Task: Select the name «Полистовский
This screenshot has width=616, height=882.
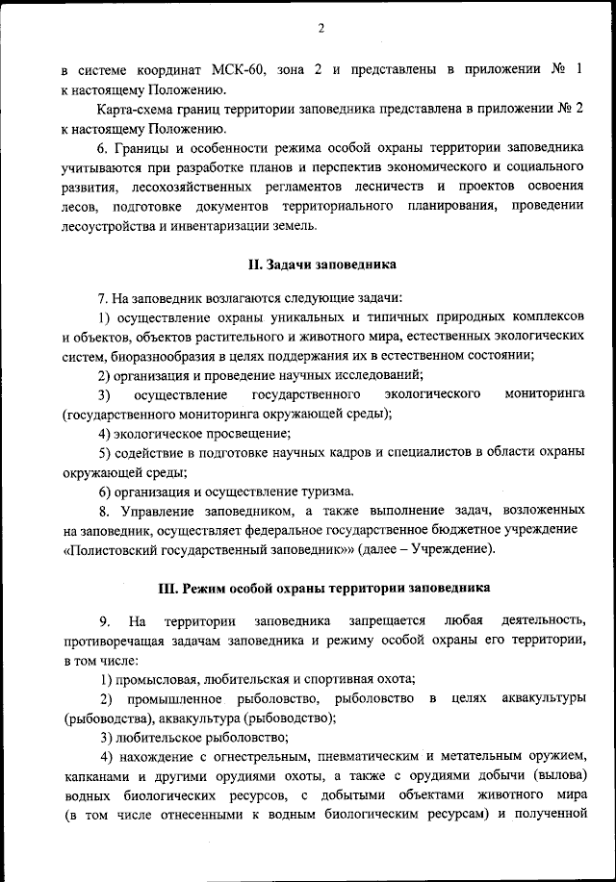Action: (x=114, y=549)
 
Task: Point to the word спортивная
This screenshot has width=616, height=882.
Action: (x=340, y=679)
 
